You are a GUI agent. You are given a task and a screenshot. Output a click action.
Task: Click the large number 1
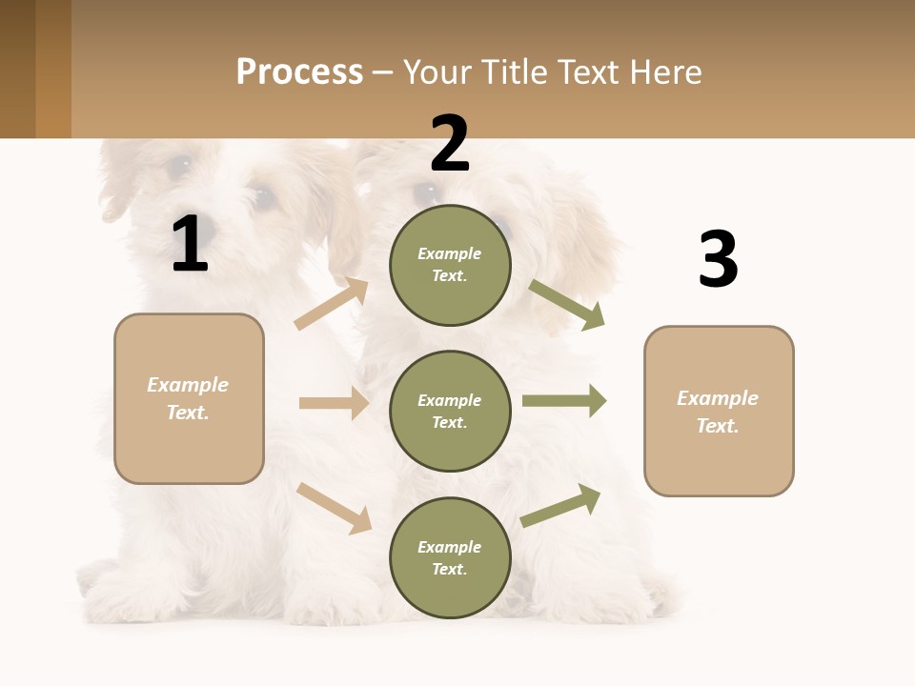(x=190, y=245)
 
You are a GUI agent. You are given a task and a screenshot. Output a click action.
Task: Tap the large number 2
(x=450, y=144)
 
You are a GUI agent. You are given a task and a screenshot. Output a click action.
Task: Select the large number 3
(x=718, y=260)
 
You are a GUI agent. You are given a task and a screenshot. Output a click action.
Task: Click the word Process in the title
(x=299, y=71)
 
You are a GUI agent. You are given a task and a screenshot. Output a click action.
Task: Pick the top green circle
(x=450, y=265)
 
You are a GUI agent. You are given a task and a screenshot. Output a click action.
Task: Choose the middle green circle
(x=450, y=411)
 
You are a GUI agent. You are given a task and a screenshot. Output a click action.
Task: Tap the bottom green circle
(x=450, y=557)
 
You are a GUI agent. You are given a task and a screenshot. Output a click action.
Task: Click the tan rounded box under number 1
(x=189, y=398)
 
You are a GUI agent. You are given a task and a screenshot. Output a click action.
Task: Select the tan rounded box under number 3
(x=719, y=411)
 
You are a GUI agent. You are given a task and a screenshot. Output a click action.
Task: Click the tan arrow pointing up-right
(x=332, y=304)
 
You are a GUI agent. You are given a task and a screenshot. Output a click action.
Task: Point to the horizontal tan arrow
(x=334, y=403)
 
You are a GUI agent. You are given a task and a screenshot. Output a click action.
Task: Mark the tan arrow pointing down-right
(x=334, y=508)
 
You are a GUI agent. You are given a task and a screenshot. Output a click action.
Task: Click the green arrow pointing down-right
(x=567, y=305)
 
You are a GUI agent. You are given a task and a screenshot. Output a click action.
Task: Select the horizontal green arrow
(x=564, y=401)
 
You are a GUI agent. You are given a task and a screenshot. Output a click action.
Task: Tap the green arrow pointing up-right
(x=561, y=505)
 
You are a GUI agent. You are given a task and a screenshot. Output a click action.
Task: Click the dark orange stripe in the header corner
(x=53, y=69)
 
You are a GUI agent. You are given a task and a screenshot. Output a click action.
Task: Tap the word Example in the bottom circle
(x=450, y=547)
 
